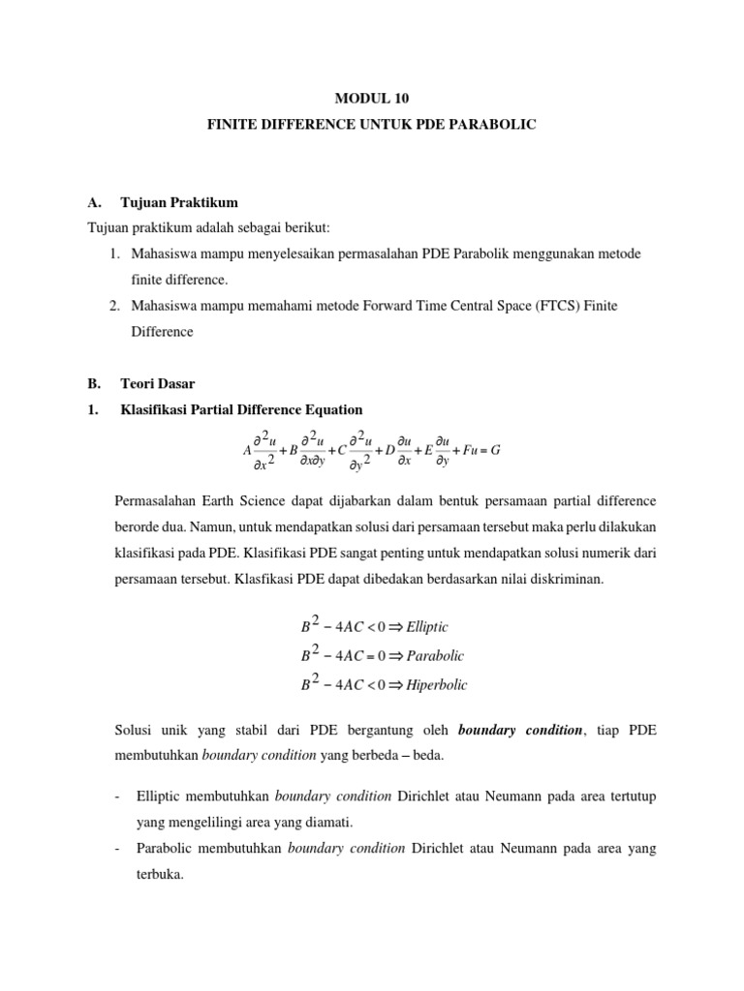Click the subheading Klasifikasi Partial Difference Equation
coord(241,409)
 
